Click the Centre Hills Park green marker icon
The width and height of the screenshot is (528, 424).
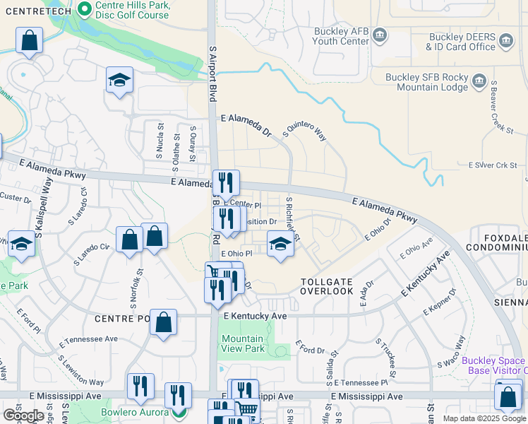[85, 10]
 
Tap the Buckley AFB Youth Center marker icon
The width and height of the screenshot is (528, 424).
[379, 35]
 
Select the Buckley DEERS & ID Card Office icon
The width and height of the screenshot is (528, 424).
[505, 42]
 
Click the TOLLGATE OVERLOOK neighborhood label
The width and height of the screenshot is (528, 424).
[326, 286]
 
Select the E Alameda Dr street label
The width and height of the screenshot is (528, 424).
[246, 125]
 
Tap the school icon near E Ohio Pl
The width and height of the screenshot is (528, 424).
[280, 245]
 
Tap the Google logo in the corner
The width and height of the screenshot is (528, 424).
[23, 416]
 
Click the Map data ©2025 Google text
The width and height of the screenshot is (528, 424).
[484, 418]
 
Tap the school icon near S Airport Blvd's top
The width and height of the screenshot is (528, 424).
[119, 81]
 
